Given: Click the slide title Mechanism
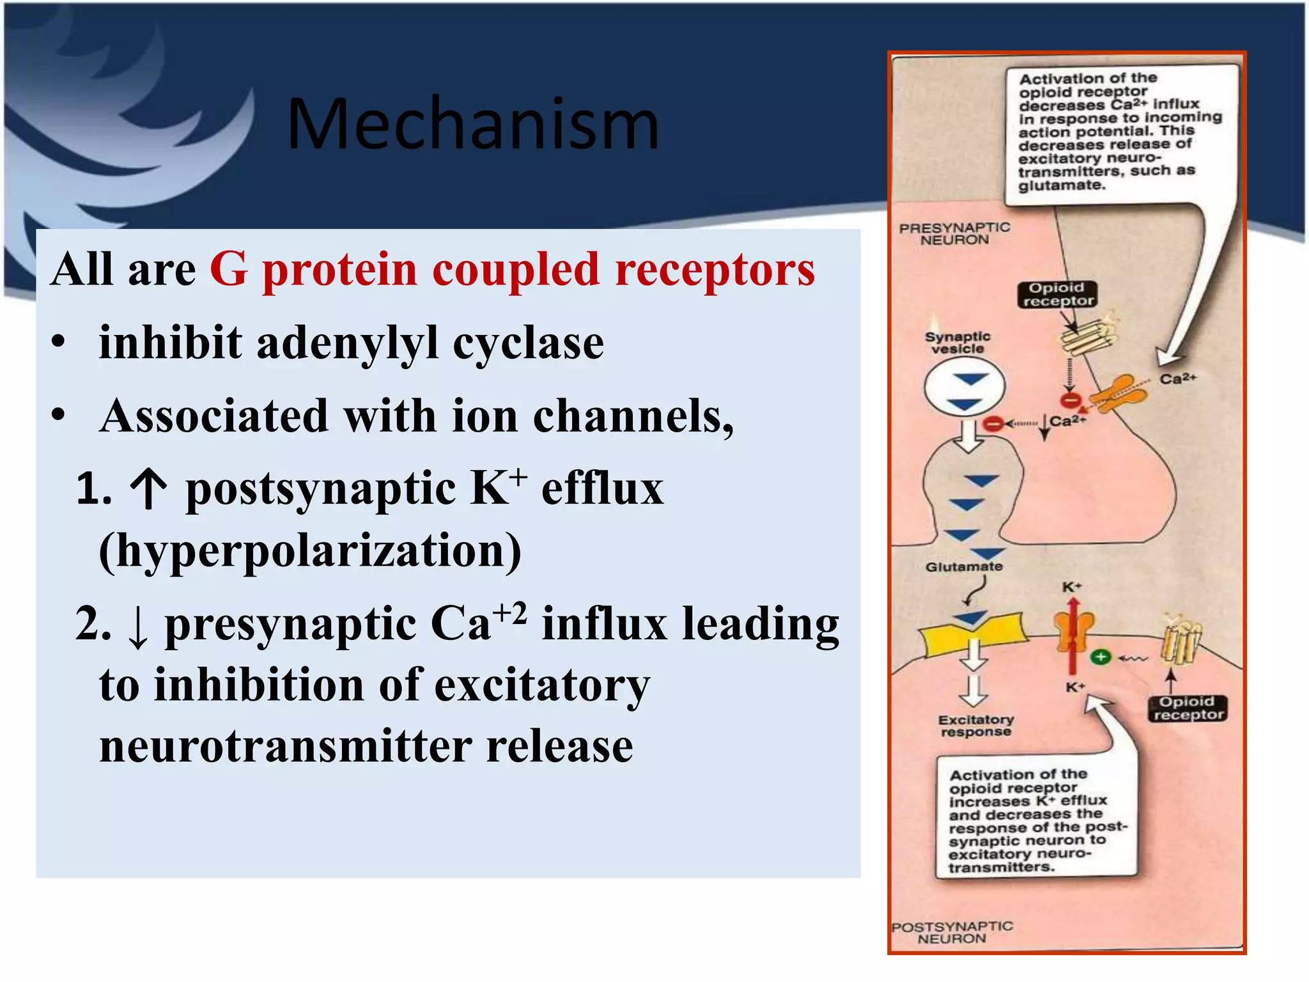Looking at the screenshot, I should click(472, 124).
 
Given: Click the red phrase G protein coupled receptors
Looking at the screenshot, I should click(512, 269).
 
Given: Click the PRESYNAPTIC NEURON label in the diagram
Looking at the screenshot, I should click(954, 233).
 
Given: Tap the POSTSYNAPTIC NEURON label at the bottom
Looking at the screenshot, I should click(952, 932).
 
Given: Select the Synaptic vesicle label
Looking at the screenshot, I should click(957, 342).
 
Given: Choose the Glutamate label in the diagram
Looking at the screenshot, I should click(963, 566).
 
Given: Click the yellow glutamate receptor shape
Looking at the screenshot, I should click(972, 633).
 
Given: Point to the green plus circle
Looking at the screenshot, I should click(1101, 657).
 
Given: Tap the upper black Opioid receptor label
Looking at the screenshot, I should click(1056, 294).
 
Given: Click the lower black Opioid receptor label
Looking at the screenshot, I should click(1188, 708).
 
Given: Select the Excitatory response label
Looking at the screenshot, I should click(975, 726).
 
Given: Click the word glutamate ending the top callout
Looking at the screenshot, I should click(1062, 185).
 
